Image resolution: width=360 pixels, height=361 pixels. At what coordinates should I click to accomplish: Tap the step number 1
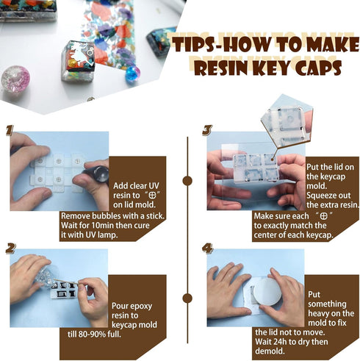10,131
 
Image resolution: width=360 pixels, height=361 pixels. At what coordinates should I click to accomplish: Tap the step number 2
11,248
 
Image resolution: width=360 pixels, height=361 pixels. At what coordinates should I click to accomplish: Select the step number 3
208,131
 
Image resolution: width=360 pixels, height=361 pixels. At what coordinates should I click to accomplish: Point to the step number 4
208,249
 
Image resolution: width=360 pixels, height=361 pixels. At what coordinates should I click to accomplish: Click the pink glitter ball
15,79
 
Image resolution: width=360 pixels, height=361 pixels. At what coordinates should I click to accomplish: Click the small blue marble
132,74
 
